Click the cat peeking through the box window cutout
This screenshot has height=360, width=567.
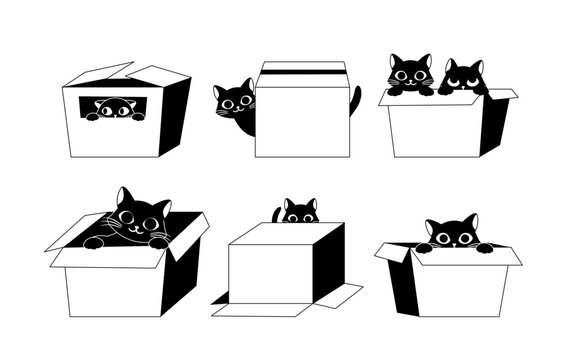[114, 109]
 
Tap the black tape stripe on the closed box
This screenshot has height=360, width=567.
[301, 72]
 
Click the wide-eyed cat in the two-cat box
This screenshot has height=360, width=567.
[409, 74]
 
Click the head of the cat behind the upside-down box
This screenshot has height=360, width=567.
[298, 212]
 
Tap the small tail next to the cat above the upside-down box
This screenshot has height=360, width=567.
[276, 214]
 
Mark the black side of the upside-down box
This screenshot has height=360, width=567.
[327, 265]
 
